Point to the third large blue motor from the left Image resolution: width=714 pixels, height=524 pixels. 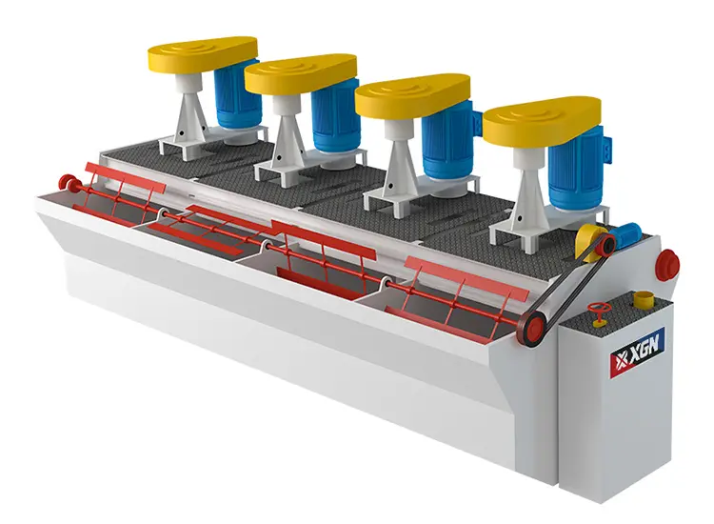pos(450,144)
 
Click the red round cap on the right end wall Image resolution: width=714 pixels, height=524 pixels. pos(668,259)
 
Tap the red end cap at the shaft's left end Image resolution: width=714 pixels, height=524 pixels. pos(66,181)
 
